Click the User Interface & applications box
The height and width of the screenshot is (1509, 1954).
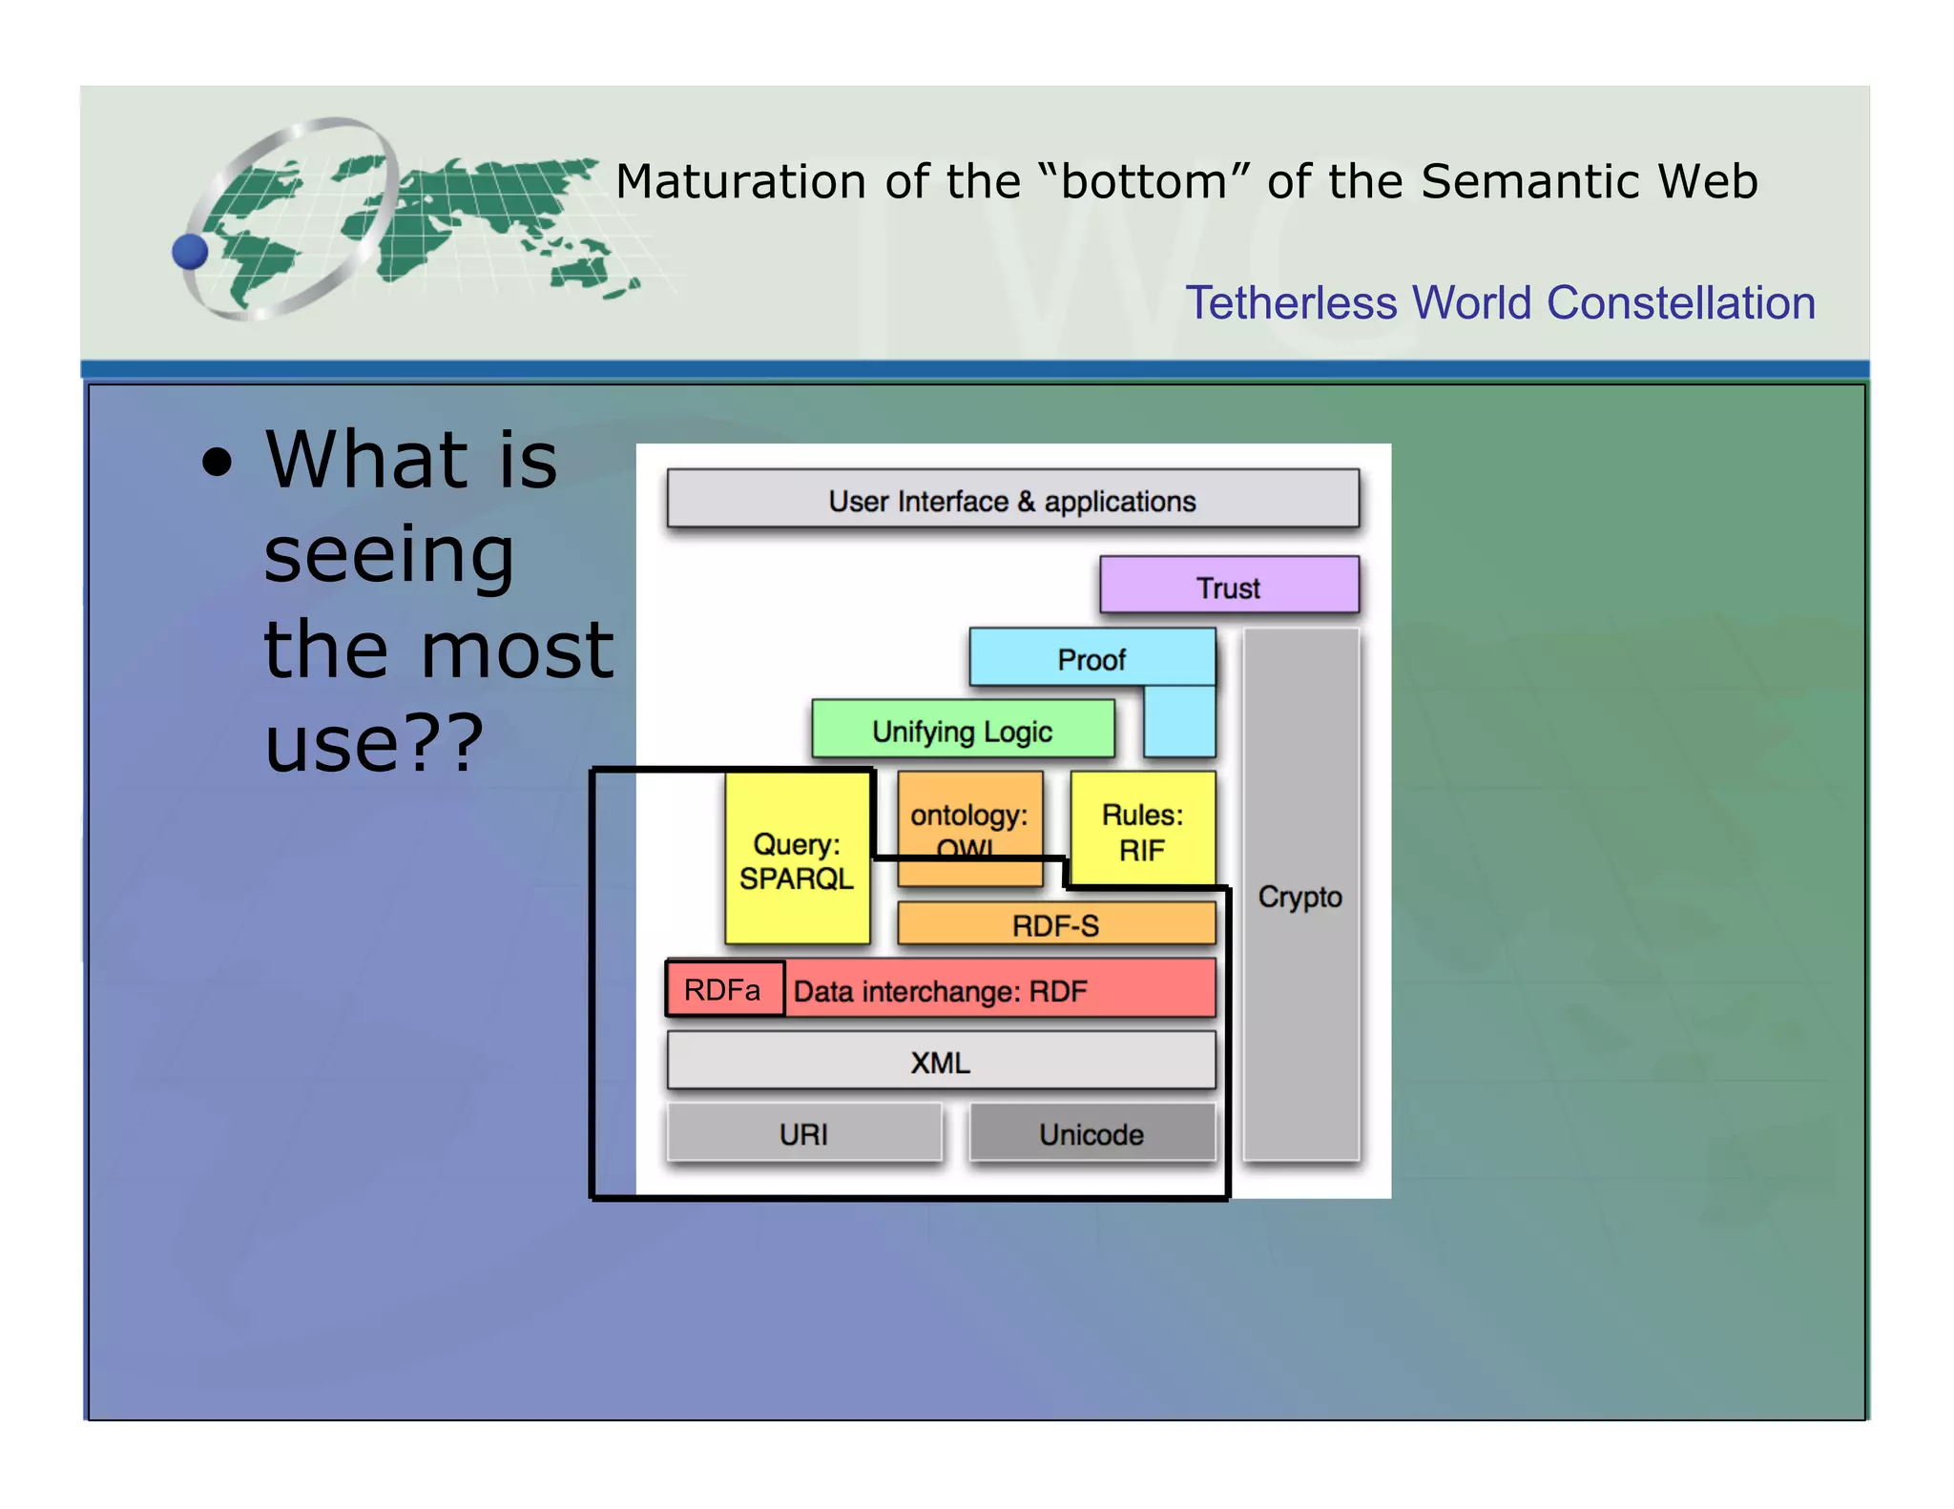1012,499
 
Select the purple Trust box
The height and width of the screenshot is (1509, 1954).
1229,586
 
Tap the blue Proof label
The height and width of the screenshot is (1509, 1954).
1091,659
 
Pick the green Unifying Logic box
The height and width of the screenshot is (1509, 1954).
963,731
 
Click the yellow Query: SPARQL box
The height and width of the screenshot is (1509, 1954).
797,860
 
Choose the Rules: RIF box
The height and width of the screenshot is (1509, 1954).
1142,830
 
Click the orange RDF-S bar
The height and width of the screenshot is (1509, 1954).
1055,924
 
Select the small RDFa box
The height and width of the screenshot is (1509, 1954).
724,989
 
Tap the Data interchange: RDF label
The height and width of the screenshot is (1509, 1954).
940,991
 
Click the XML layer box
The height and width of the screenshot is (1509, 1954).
941,1061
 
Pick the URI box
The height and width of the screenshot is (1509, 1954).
803,1133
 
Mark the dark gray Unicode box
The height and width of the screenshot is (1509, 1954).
1091,1133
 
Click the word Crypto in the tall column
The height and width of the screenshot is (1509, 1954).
1299,896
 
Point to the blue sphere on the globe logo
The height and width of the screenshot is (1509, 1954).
190,252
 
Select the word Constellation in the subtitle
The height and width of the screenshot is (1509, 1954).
1680,303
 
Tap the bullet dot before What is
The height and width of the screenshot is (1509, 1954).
218,463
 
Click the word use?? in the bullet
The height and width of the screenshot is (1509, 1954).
373,743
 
